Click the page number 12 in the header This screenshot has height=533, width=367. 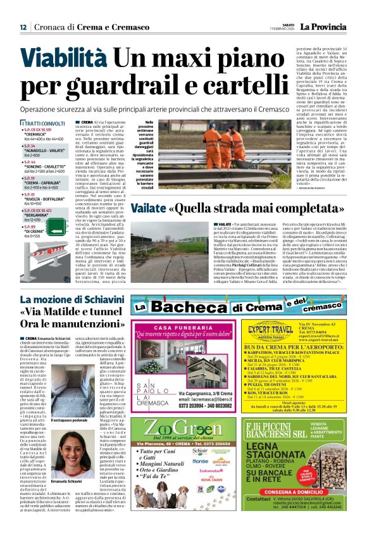coord(23,27)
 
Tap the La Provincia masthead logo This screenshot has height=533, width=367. coord(322,27)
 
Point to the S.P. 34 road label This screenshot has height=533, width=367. coord(30,145)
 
